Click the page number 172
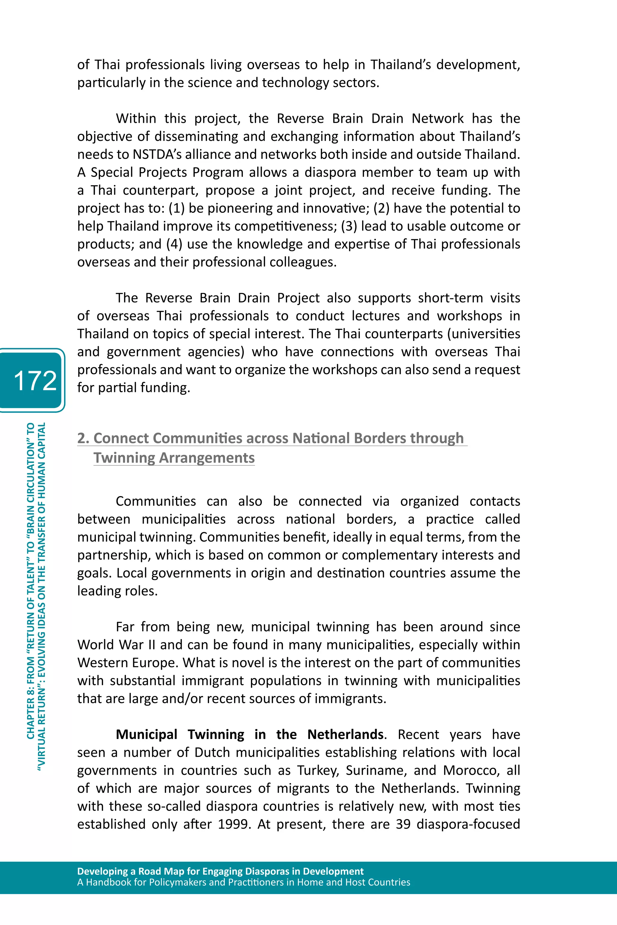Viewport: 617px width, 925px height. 35,380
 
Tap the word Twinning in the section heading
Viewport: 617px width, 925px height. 124,458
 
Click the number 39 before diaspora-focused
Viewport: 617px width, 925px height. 403,824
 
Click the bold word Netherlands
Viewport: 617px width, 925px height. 345,734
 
